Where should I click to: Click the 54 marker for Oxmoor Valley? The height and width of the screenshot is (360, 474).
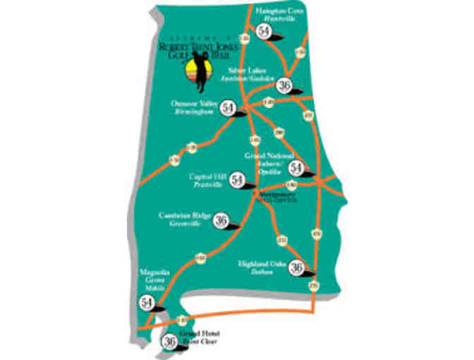point(227,108)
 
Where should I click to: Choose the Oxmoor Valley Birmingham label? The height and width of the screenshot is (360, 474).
point(192,106)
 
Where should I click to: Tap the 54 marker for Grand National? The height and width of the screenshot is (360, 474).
point(297,168)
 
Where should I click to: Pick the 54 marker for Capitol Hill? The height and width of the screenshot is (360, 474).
point(237,179)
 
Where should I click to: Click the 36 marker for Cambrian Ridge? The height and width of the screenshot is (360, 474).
point(221,220)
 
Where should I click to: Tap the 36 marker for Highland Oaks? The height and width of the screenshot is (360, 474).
point(297,268)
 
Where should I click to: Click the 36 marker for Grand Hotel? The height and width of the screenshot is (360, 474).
point(169,342)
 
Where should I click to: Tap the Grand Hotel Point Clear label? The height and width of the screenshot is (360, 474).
point(200,337)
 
